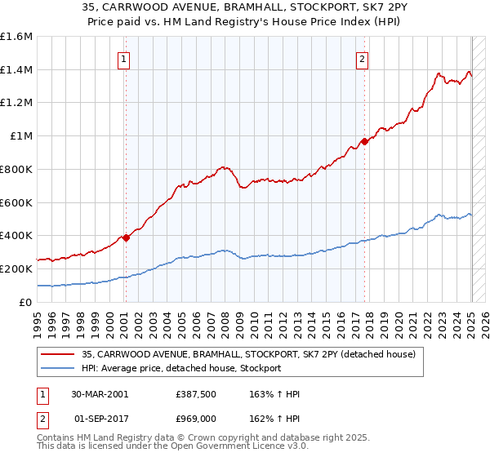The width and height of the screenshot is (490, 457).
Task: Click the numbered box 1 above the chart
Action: (123, 58)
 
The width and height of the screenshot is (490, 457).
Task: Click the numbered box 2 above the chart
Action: (361, 58)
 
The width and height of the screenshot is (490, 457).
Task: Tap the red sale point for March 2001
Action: (127, 237)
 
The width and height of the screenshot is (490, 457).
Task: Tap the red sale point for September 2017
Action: (365, 141)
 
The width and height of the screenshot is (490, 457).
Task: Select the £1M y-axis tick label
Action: (20, 136)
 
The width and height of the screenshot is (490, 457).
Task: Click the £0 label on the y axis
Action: (25, 302)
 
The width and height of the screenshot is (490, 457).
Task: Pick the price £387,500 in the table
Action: (197, 394)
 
